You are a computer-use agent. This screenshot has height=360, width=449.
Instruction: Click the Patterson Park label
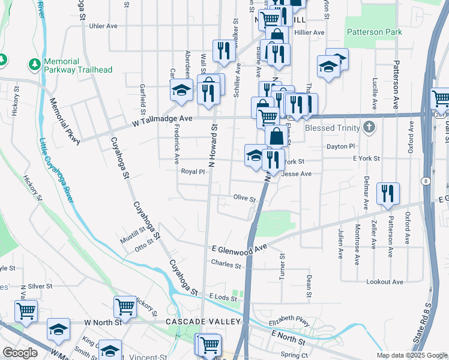[374, 32]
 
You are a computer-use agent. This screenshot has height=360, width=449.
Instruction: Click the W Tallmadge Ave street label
[162, 119]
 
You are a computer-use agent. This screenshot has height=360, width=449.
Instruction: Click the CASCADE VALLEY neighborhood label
[203, 322]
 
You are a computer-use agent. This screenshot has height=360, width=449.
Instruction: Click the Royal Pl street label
[193, 172]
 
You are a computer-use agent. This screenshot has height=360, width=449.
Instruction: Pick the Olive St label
[244, 199]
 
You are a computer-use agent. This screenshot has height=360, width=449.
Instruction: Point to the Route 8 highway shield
[425, 181]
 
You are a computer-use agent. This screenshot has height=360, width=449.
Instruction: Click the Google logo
[20, 353]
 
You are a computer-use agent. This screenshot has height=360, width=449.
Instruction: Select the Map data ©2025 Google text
[412, 355]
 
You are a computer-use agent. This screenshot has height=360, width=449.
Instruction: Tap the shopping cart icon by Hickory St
[125, 307]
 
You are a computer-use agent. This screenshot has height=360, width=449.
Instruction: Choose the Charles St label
[226, 263]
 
